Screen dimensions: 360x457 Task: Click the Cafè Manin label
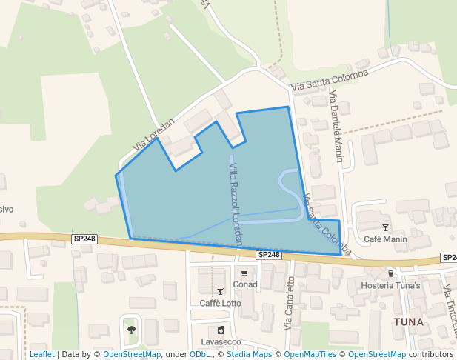pos(385,239)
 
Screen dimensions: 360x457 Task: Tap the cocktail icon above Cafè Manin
pos(384,227)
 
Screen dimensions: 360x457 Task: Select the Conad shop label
pos(244,284)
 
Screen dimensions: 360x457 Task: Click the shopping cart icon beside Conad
pos(244,273)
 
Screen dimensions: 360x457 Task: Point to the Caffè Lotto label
pos(220,304)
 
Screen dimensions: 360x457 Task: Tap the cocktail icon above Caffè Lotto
pos(220,291)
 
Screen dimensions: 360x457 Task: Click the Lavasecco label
pos(221,342)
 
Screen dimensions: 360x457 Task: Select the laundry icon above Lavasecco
pos(221,330)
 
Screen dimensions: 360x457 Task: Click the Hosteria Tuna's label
pos(390,286)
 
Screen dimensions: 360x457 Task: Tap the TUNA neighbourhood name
pos(409,321)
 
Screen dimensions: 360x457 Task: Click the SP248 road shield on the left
pos(84,239)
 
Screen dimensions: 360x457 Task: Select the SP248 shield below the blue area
pos(269,254)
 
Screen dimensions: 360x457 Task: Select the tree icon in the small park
pos(132,330)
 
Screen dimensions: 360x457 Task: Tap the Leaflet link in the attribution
pos(41,354)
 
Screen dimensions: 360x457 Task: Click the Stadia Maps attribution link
pos(249,354)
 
